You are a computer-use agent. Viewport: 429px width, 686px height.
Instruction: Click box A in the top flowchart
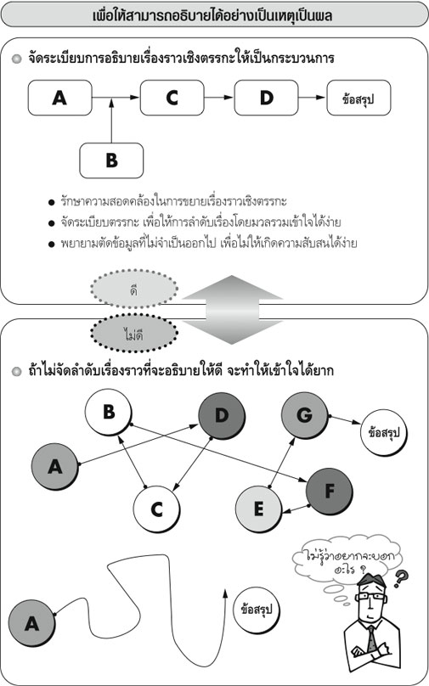pyautogui.click(x=60, y=98)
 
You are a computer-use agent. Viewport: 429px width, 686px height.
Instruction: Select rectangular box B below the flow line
pyautogui.click(x=111, y=160)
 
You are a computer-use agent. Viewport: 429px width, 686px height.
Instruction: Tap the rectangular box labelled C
pyautogui.click(x=172, y=98)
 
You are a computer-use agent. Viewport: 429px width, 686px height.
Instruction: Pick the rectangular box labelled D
pyautogui.click(x=266, y=98)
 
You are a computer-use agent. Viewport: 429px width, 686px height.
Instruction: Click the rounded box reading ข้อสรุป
pyautogui.click(x=358, y=98)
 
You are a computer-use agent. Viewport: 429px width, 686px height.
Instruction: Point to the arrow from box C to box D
pyautogui.click(x=219, y=97)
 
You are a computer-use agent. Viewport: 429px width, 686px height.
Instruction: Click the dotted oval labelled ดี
pyautogui.click(x=134, y=289)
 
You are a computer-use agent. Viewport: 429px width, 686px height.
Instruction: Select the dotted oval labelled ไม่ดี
pyautogui.click(x=134, y=334)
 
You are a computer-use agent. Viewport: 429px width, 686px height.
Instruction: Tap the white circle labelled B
pyautogui.click(x=109, y=412)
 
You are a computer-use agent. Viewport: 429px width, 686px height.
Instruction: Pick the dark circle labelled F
pyautogui.click(x=330, y=492)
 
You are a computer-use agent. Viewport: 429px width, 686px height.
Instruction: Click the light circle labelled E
pyautogui.click(x=259, y=509)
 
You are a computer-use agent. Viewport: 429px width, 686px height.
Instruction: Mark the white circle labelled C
pyautogui.click(x=156, y=509)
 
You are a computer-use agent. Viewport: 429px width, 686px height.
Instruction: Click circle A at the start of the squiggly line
pyautogui.click(x=31, y=623)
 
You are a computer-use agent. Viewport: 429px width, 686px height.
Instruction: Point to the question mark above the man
pyautogui.click(x=400, y=578)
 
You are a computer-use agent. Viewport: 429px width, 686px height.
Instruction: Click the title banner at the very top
pyautogui.click(x=214, y=16)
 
